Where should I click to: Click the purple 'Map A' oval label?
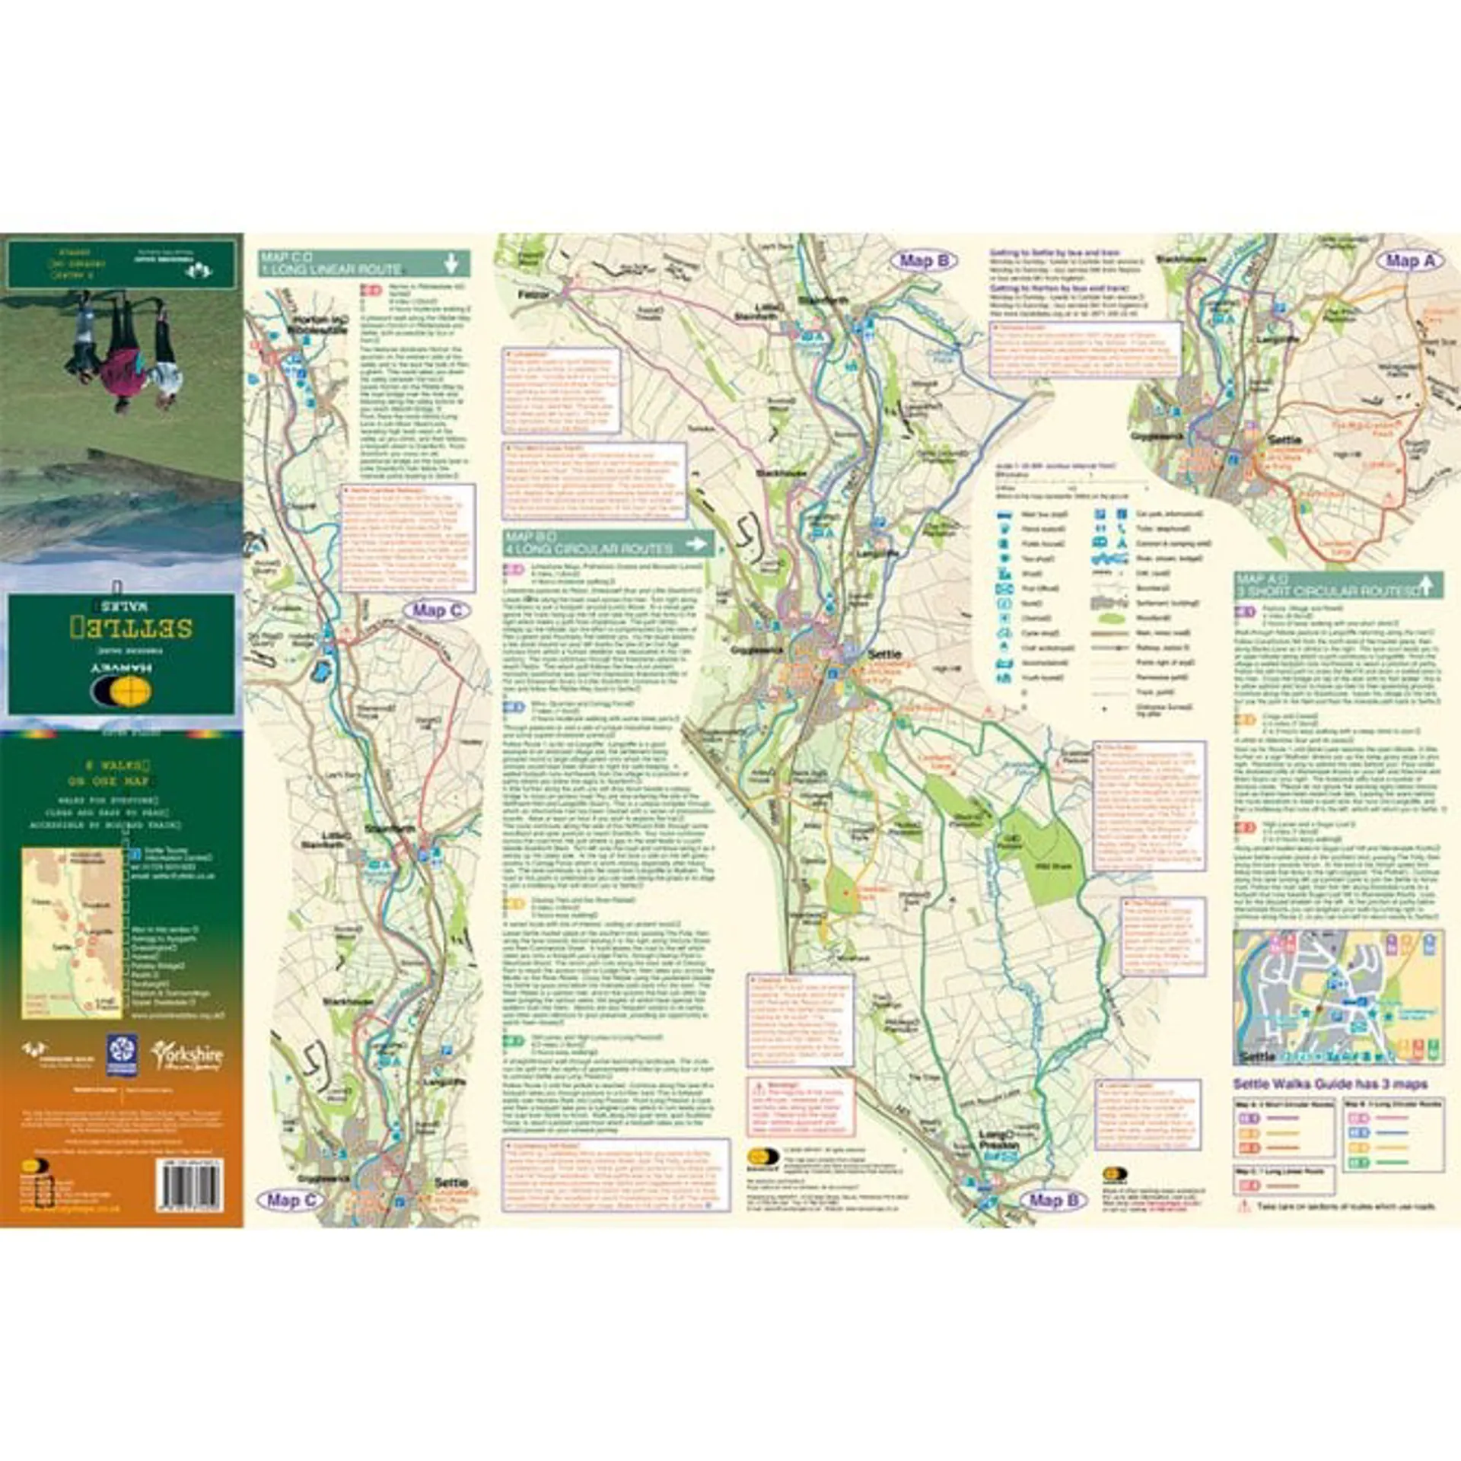[1409, 260]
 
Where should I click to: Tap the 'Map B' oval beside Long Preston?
[1053, 1200]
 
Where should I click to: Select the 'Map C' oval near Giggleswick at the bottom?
[291, 1200]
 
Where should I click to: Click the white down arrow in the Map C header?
[451, 264]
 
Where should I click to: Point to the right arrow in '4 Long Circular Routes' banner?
[695, 543]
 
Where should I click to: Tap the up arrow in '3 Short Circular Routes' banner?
[1427, 585]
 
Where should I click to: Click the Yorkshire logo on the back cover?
[186, 1056]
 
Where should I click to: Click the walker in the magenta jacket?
[120, 358]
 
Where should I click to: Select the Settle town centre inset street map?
[1338, 997]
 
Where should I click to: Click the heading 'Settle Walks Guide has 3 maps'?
[1330, 1084]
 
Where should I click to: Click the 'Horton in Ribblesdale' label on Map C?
[317, 325]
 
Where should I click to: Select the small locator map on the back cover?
[72, 933]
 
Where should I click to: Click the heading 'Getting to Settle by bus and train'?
[1055, 252]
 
